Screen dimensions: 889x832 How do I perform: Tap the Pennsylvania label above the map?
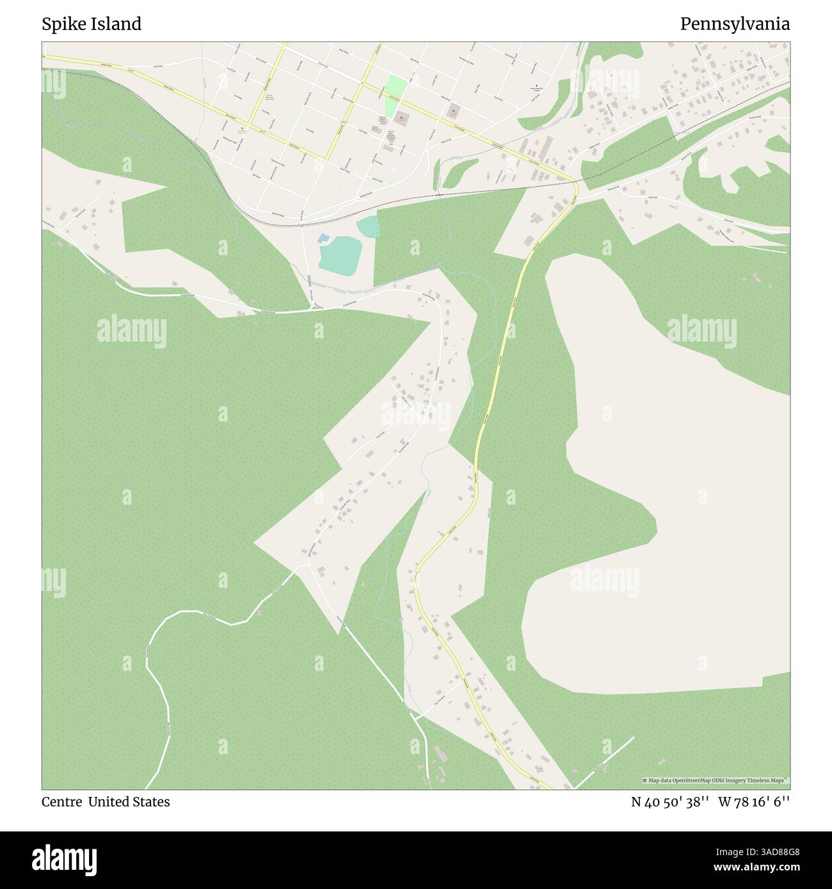(735, 24)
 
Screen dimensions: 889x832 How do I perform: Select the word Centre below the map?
(61, 802)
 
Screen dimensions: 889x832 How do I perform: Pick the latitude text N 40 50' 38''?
(669, 802)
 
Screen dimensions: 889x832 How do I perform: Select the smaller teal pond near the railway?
(368, 225)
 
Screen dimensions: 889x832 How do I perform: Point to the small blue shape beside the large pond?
(322, 238)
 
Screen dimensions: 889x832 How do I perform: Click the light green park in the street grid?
(395, 88)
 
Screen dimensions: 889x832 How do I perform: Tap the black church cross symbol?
(536, 86)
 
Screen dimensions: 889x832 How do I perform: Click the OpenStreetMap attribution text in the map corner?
(716, 780)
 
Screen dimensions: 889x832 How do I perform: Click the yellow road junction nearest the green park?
(363, 84)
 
